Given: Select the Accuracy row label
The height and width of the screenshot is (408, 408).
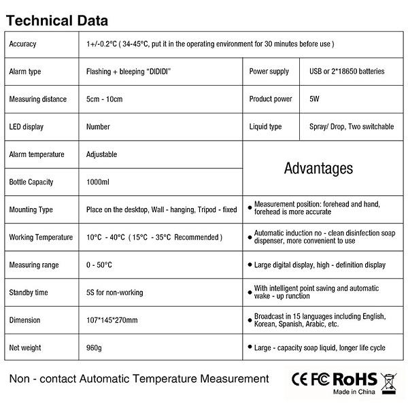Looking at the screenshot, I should (22, 44).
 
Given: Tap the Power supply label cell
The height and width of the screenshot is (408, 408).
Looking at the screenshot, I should (269, 71).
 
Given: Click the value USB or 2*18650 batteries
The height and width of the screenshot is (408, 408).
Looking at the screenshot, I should (346, 71).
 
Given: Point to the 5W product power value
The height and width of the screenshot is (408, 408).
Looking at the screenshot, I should (314, 99).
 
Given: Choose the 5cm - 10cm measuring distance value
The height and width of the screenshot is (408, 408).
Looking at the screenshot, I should (104, 99).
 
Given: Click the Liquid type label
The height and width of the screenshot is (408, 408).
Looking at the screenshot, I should (265, 126).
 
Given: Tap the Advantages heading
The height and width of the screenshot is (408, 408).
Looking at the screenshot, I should (318, 168).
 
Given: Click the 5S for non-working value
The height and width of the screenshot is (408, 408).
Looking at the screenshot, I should (115, 293).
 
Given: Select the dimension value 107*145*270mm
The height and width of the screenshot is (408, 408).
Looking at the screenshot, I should (112, 320).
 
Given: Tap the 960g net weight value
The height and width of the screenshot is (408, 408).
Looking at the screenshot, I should (94, 348).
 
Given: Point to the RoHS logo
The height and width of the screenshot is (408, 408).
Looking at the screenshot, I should (354, 379).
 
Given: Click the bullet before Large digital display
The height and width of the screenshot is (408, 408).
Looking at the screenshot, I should (250, 265).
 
